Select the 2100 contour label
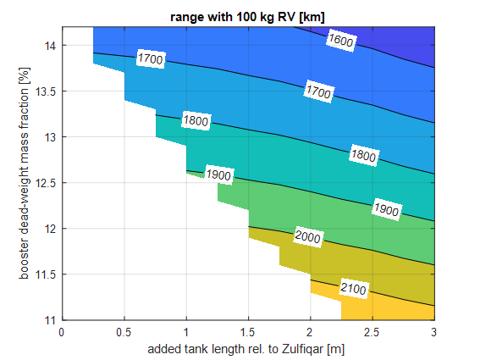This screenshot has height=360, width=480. point(354,289)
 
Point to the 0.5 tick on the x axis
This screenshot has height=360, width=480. point(124,332)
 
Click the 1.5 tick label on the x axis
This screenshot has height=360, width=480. point(249,332)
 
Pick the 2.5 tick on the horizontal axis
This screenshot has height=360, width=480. point(372,332)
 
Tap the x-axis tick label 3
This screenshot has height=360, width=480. point(434,332)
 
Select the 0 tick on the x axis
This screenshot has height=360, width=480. point(62,332)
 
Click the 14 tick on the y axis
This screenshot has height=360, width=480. point(49,45)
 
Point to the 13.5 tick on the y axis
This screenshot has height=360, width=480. point(45,91)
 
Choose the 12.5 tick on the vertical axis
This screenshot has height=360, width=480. point(45,182)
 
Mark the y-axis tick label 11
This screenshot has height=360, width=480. point(49,320)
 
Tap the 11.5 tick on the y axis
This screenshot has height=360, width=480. point(45,274)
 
